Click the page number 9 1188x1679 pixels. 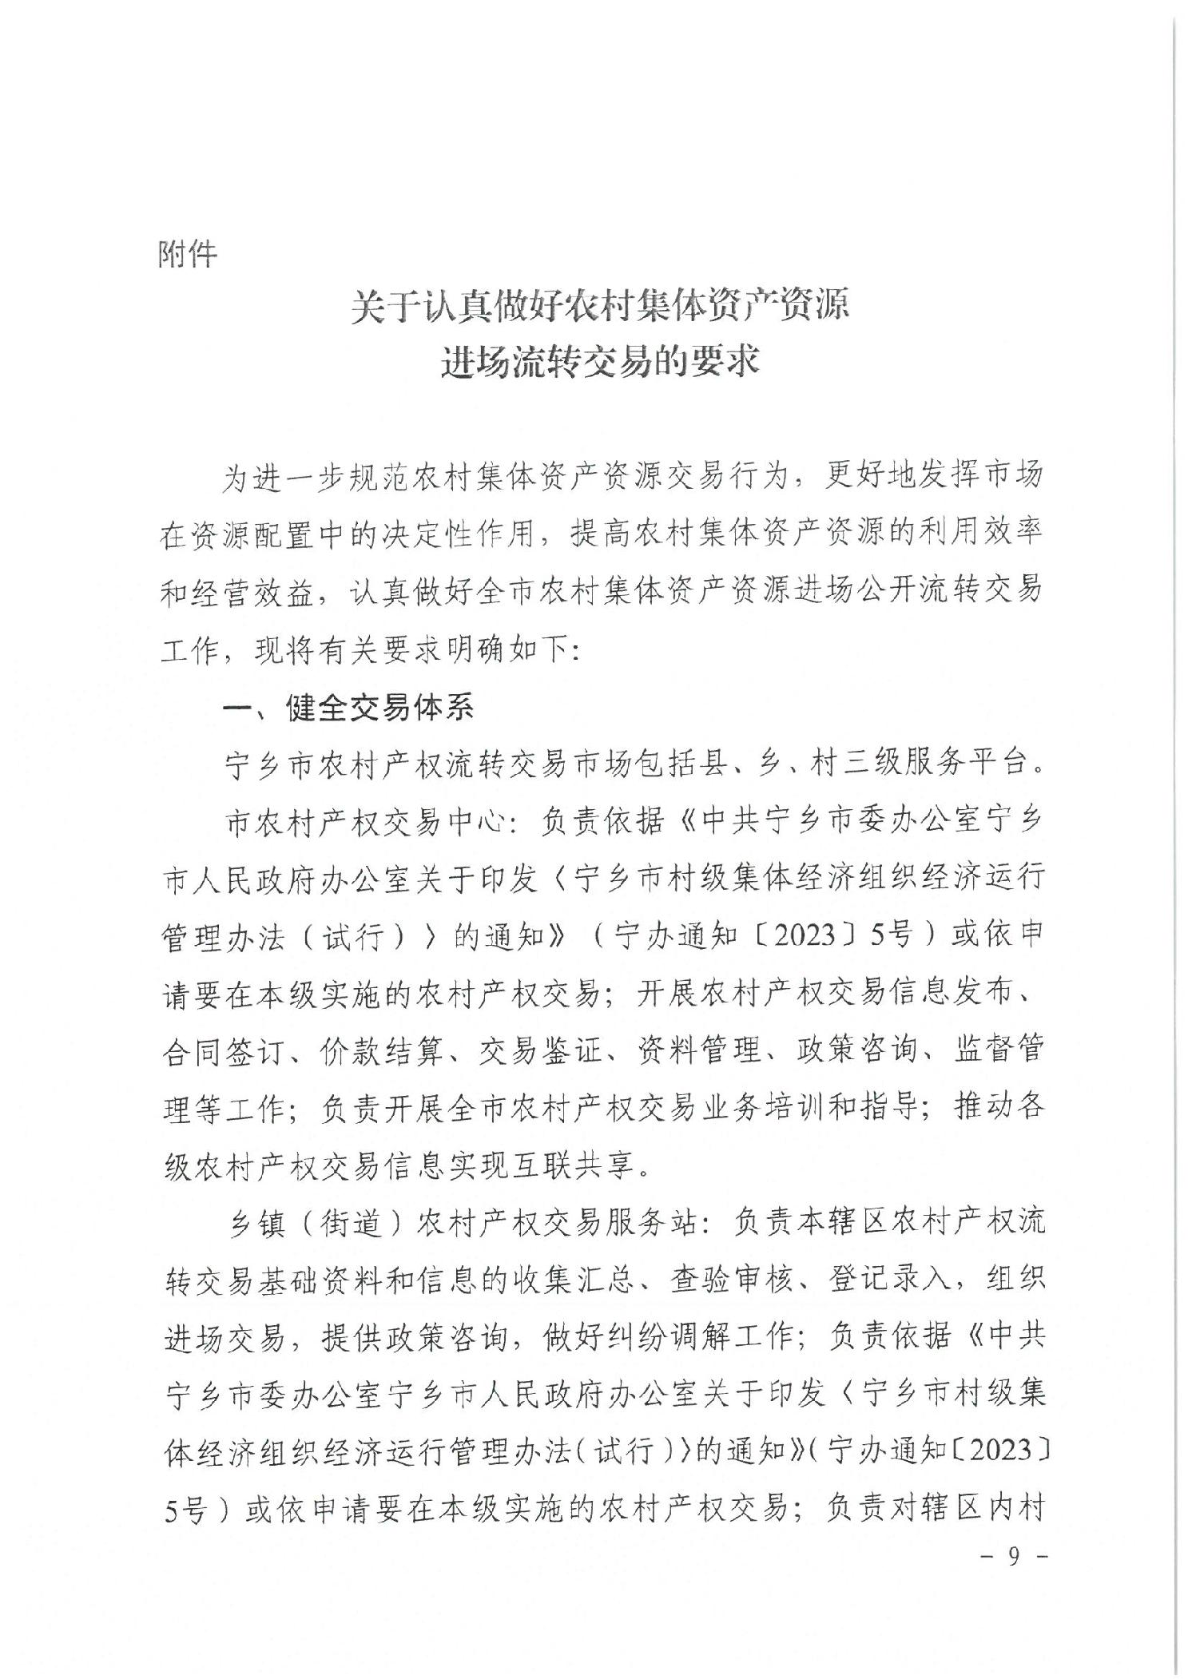[1014, 1578]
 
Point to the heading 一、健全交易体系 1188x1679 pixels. [349, 708]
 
